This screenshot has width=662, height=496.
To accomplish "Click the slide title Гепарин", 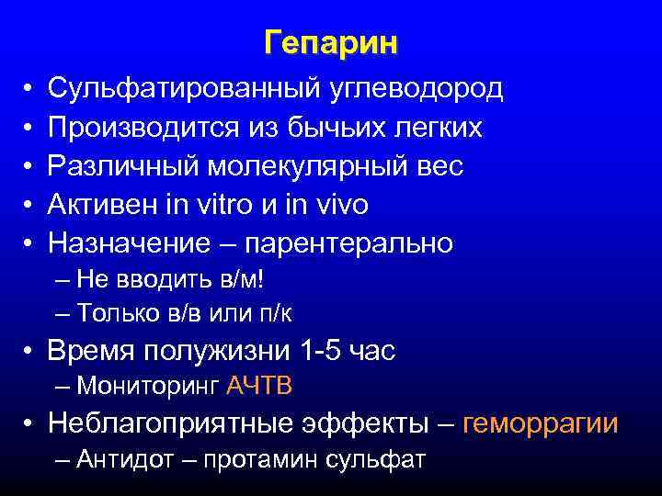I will tap(331, 43).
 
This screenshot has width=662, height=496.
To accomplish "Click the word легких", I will tap(439, 128).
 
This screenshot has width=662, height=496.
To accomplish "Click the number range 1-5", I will tap(319, 351).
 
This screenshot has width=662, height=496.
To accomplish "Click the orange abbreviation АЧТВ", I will tap(258, 386).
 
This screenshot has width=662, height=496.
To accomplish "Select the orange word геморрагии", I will tap(541, 423).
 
